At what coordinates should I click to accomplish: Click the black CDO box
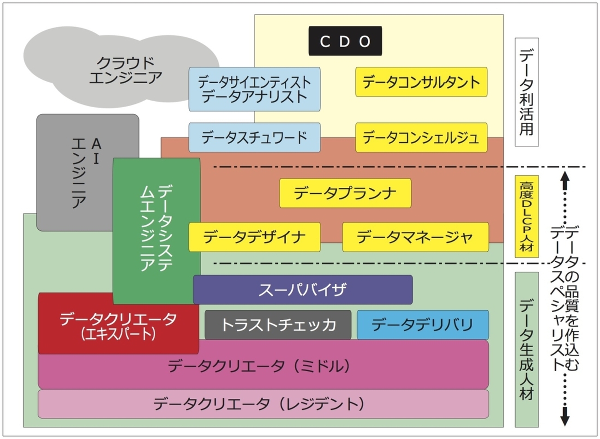click(345, 41)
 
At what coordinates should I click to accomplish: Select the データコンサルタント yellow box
click(421, 82)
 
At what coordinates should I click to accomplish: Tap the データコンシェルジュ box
click(421, 138)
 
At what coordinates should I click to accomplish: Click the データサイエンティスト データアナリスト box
click(254, 89)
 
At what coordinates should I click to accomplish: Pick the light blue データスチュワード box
click(254, 138)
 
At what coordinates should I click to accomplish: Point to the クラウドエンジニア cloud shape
click(125, 69)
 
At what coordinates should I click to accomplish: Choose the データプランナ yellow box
click(345, 193)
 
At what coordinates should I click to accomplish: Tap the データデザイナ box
click(254, 237)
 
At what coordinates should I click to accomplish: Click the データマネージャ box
click(415, 237)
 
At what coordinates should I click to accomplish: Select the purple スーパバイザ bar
click(303, 289)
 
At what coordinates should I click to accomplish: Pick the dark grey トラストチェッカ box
click(278, 325)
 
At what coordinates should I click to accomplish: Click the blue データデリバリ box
click(422, 325)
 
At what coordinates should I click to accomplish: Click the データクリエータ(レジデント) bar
click(263, 404)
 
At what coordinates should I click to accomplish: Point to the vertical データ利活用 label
click(526, 92)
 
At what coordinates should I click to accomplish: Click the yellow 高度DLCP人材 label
click(526, 216)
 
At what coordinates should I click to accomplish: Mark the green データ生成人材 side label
click(526, 349)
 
